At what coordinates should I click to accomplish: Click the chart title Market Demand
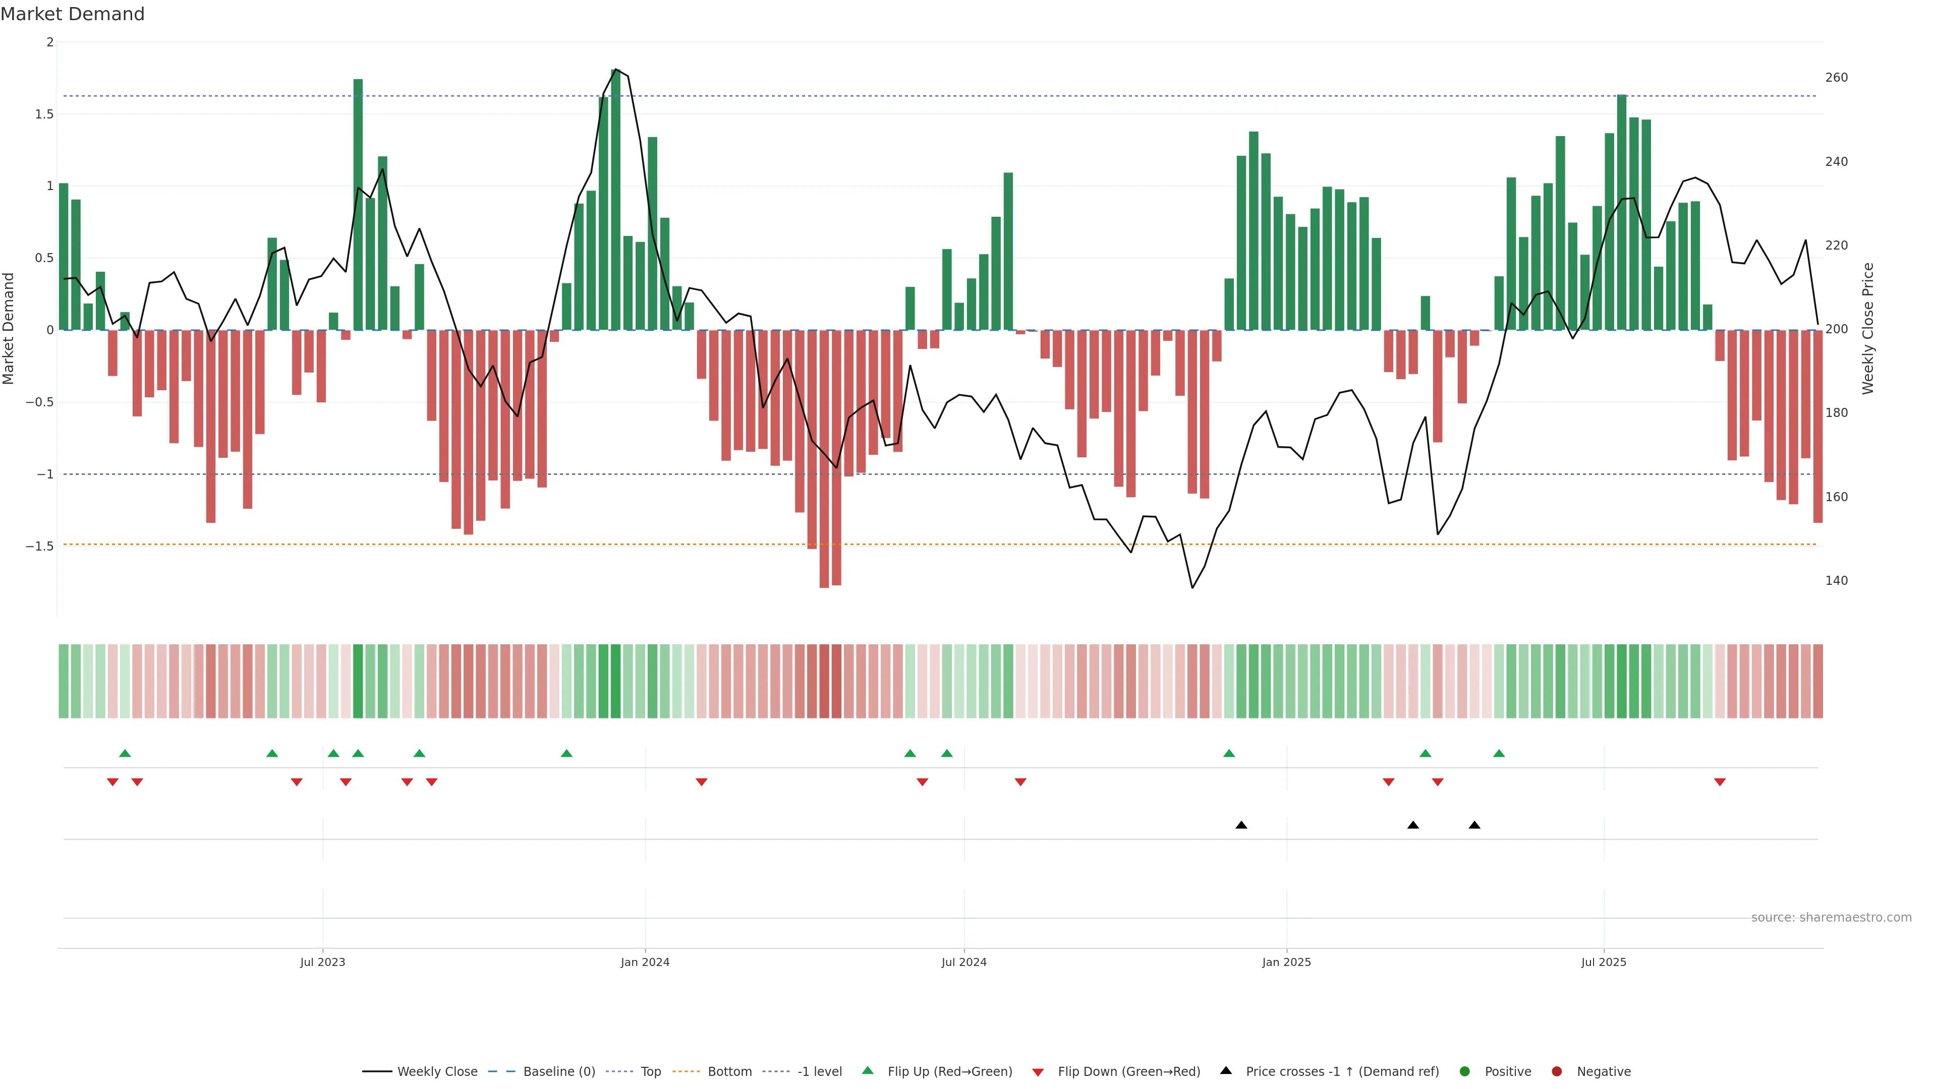(72, 14)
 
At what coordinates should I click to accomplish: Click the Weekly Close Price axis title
(1868, 328)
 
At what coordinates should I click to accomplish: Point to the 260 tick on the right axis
(1836, 78)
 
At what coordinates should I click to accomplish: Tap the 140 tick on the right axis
(1836, 580)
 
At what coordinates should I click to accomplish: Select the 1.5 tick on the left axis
(44, 114)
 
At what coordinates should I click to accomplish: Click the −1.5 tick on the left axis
(40, 547)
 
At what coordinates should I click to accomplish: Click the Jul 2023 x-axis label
(323, 962)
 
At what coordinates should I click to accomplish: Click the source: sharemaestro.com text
(1831, 918)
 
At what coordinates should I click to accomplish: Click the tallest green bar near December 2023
(616, 199)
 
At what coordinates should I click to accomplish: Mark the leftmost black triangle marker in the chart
(1241, 825)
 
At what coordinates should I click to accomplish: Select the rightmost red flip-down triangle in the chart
(1720, 782)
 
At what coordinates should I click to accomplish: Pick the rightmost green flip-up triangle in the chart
(1499, 753)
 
